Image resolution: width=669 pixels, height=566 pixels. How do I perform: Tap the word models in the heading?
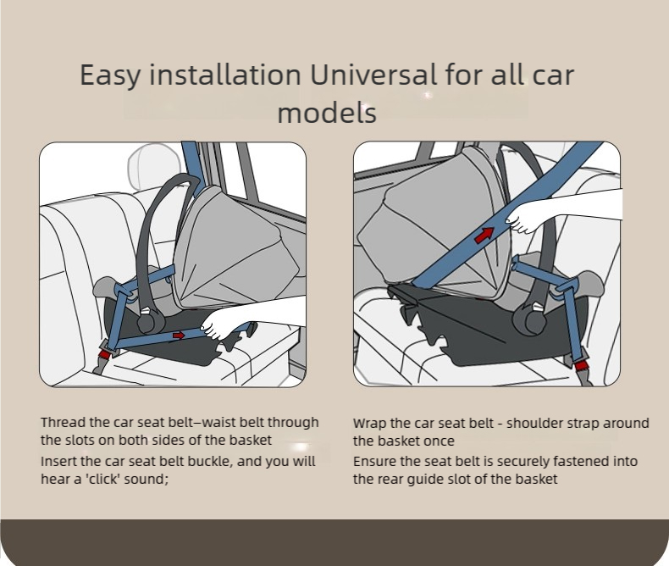(x=326, y=114)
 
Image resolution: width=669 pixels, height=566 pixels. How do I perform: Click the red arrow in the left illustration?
(x=178, y=336)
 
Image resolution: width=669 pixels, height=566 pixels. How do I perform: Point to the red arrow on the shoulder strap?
(x=484, y=236)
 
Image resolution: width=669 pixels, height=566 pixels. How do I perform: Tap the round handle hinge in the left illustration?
(x=146, y=322)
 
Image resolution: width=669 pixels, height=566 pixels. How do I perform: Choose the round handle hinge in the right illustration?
(x=534, y=321)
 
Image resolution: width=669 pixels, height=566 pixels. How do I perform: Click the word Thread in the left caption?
(x=61, y=422)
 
